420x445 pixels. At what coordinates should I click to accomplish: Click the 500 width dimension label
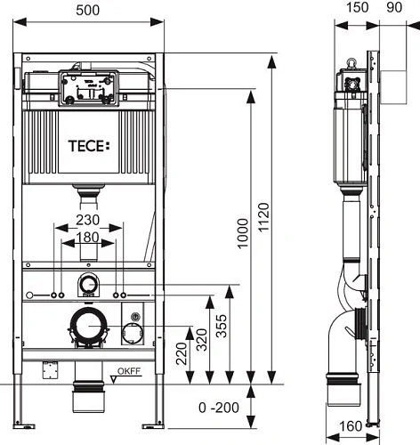pyautogui.click(x=87, y=11)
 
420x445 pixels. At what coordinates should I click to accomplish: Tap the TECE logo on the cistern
pyautogui.click(x=89, y=146)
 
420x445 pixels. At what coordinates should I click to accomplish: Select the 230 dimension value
pyautogui.click(x=87, y=220)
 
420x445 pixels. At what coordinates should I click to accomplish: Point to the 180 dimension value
pyautogui.click(x=87, y=237)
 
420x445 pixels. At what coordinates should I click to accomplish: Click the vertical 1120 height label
pyautogui.click(x=263, y=217)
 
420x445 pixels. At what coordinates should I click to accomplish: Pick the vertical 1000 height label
pyautogui.click(x=243, y=233)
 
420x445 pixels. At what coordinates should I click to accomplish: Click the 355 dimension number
pyautogui.click(x=222, y=326)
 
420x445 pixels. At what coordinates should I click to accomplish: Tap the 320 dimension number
pyautogui.click(x=202, y=340)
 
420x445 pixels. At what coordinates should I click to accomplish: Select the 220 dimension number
pyautogui.click(x=182, y=353)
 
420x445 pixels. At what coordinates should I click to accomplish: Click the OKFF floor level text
pyautogui.click(x=129, y=371)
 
